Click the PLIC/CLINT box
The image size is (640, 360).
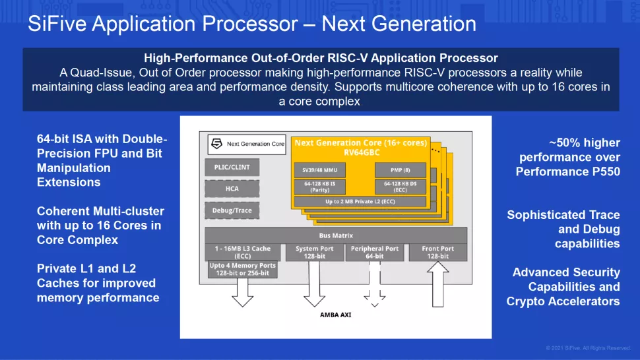232,167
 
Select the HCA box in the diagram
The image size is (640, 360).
232,189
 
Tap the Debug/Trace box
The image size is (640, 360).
232,211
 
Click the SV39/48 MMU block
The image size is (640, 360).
319,169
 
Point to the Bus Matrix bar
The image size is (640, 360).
336,235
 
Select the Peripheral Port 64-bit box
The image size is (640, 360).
375,253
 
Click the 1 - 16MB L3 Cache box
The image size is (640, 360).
241,253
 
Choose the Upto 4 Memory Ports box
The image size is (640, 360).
241,269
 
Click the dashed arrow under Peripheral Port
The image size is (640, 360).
375,284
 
